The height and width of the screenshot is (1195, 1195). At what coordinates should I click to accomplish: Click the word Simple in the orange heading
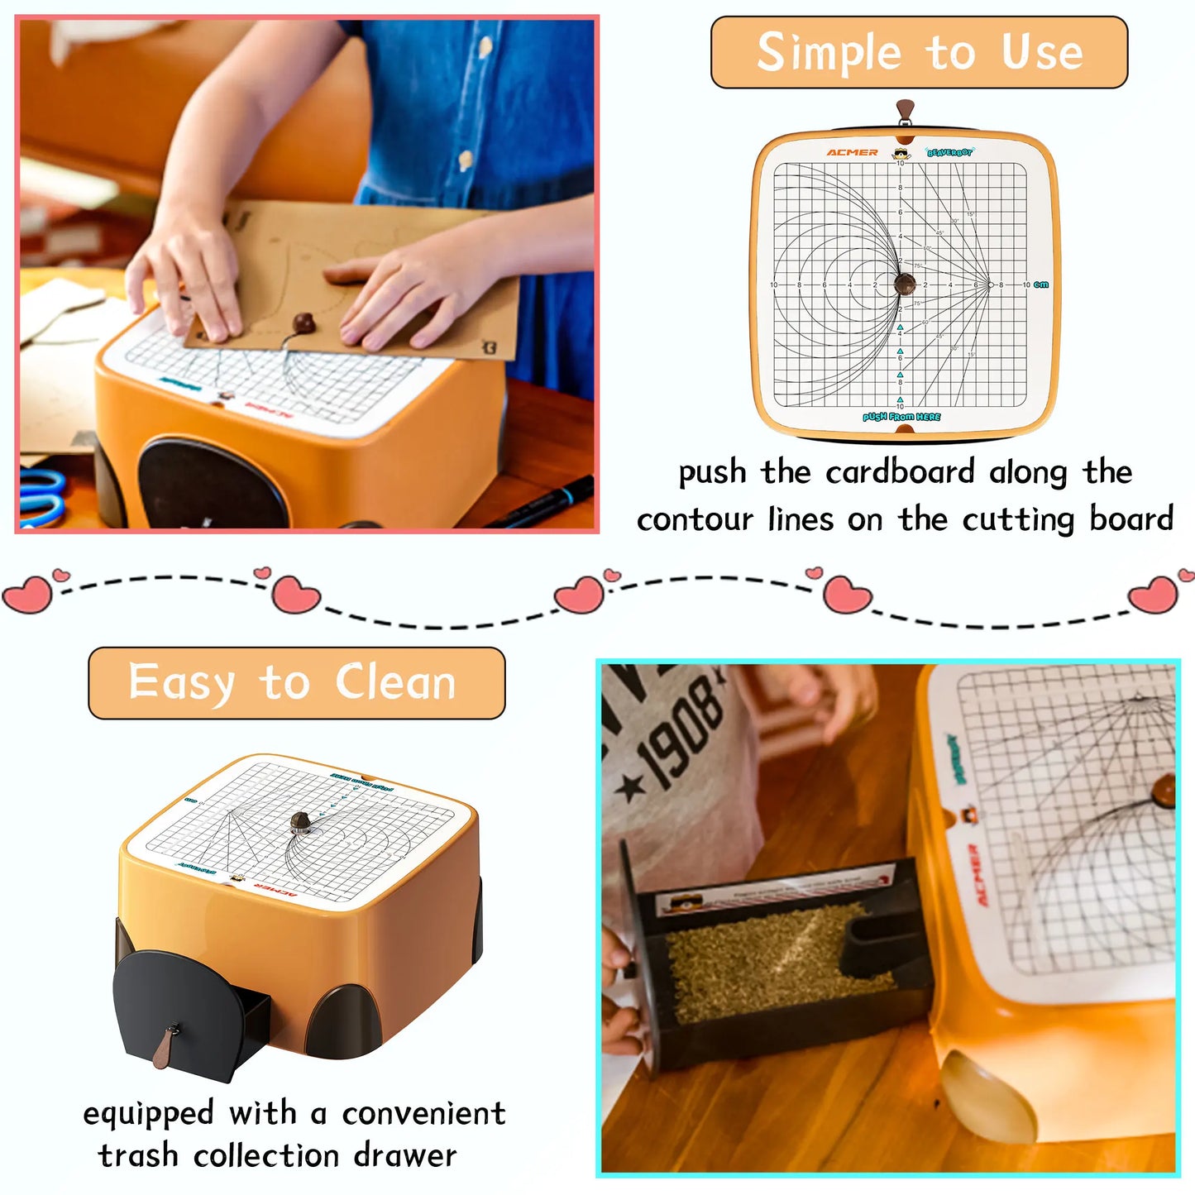tap(829, 53)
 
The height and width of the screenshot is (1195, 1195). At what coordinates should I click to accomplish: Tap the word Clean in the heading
tap(395, 683)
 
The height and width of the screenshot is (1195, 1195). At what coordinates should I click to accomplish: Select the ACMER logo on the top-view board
tap(852, 153)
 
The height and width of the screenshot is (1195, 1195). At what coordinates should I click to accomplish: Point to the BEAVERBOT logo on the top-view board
tap(949, 153)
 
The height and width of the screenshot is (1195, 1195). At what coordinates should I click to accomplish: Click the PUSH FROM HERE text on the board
tap(901, 417)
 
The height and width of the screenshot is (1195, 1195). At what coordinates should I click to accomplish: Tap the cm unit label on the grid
tap(1041, 284)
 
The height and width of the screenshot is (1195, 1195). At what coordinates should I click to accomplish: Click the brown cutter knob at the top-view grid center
tap(906, 284)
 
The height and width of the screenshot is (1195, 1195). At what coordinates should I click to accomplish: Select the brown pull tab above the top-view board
tap(906, 111)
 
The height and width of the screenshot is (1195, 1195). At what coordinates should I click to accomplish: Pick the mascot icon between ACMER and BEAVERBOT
tap(901, 154)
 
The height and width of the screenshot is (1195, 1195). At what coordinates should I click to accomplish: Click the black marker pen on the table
tap(542, 502)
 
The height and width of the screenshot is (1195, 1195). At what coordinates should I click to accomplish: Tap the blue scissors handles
tap(41, 496)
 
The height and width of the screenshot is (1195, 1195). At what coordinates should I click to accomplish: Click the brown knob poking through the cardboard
tap(304, 322)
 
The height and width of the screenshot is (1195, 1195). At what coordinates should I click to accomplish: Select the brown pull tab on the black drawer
tap(170, 1044)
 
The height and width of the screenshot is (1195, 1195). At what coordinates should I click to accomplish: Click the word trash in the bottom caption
tap(137, 1155)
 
